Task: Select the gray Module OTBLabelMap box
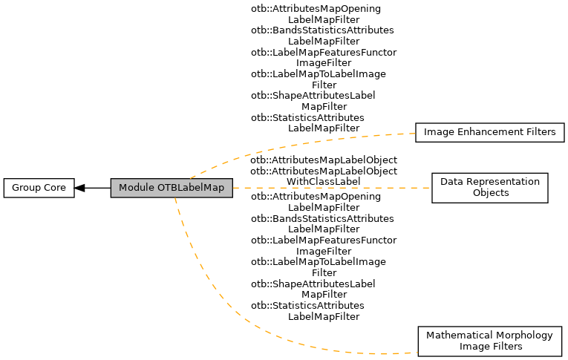172,188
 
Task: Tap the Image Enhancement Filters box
489,132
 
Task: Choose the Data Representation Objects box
489,187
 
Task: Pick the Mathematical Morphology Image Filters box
489,341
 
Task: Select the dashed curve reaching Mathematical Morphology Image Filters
223,312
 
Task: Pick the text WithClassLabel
324,181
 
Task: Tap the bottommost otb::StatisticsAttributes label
307,306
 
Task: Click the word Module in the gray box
136,188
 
